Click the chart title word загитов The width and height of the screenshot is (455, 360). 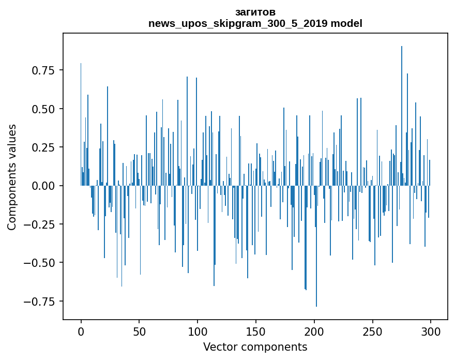[255, 12]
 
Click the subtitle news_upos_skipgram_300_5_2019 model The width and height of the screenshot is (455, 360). [255, 23]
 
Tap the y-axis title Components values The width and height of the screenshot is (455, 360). [12, 177]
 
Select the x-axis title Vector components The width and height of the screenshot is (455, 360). [255, 347]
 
